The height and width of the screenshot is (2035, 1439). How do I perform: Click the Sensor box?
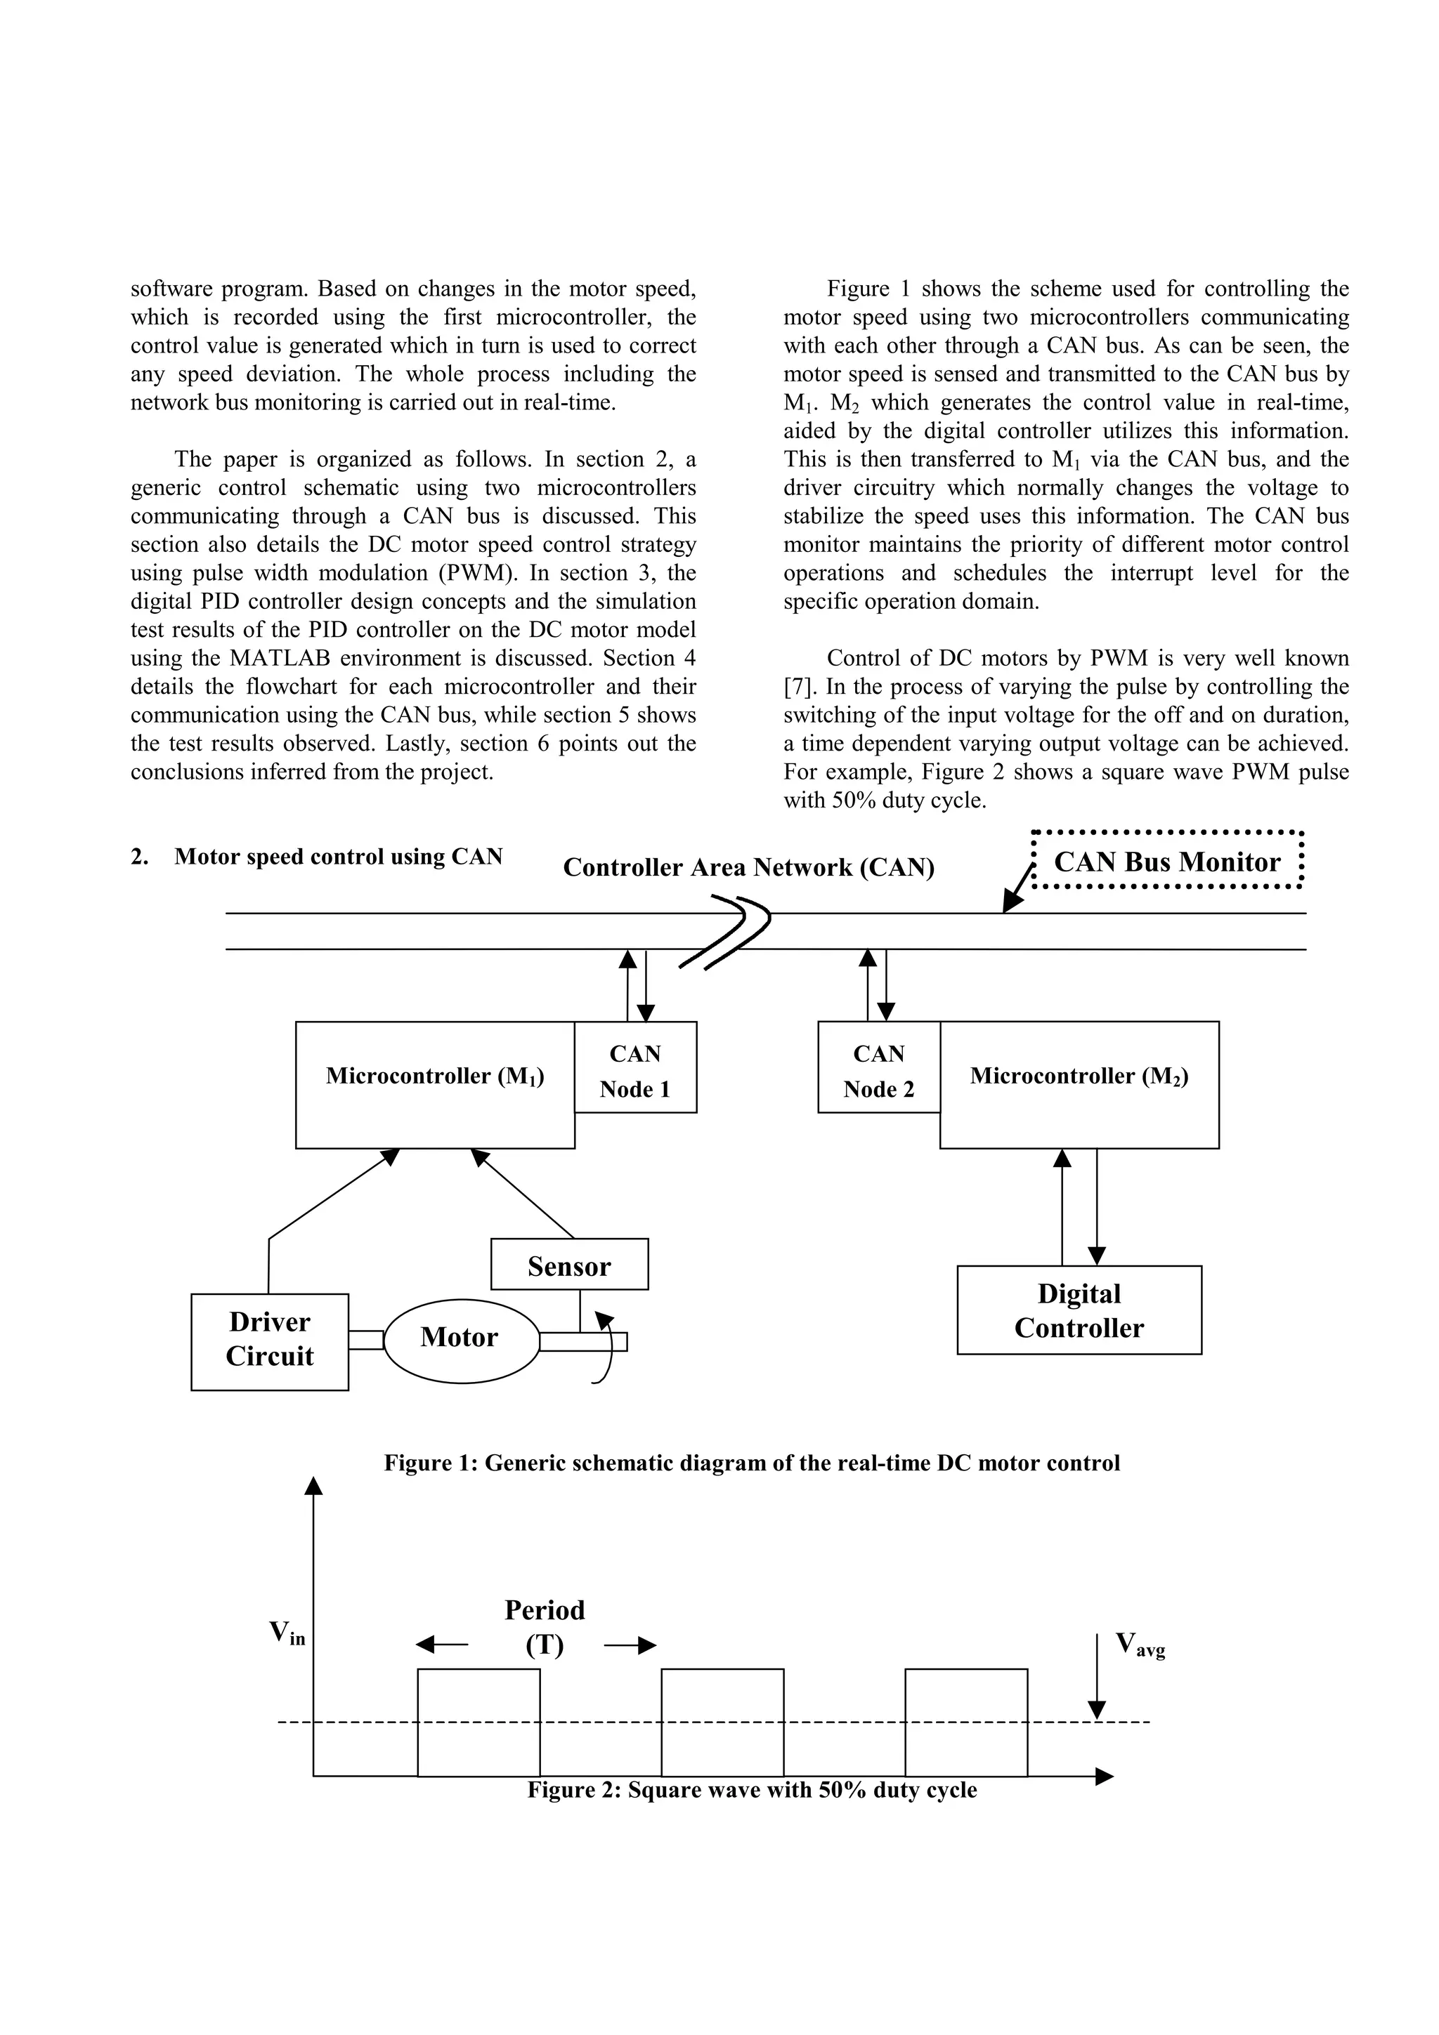pos(569,1264)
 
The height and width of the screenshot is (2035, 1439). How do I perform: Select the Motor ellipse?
pos(461,1336)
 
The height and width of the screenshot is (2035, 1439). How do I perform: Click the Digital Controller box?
pos(1079,1311)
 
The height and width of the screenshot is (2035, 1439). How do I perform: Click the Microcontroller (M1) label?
pos(434,1076)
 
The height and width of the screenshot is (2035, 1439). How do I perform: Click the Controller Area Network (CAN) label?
pos(748,867)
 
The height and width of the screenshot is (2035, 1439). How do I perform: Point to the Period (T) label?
pos(545,1627)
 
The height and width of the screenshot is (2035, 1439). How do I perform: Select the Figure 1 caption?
pos(752,1463)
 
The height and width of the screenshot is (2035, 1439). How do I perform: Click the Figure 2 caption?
pos(752,1789)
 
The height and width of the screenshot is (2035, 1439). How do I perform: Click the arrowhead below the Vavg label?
pos(1097,1710)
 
